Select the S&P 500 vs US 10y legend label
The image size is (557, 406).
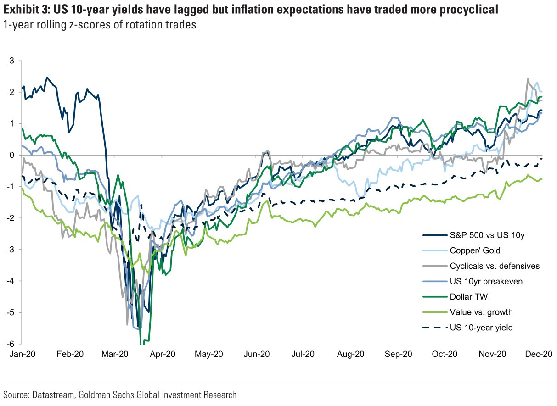click(x=487, y=235)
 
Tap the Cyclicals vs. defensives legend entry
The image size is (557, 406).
click(x=495, y=266)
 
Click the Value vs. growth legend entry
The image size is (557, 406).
click(x=481, y=312)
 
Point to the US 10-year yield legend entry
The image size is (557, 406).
click(x=481, y=328)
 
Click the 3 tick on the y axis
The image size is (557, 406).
click(x=12, y=61)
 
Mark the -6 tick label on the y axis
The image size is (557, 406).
click(x=11, y=344)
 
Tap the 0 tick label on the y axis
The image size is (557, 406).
click(x=12, y=156)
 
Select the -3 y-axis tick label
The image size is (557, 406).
click(x=11, y=250)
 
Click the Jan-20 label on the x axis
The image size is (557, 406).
click(x=21, y=354)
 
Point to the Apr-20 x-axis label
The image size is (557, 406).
click(x=163, y=354)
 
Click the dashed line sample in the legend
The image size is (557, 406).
click(x=433, y=328)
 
